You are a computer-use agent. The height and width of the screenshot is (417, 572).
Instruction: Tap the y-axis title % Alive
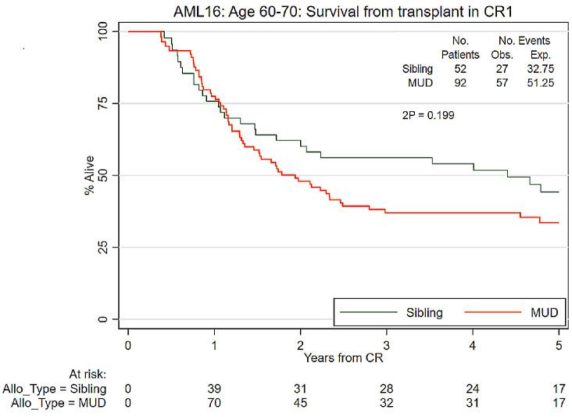point(90,175)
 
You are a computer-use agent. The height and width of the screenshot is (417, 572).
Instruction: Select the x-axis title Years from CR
point(343,358)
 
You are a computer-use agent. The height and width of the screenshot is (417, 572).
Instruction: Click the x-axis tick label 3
point(386,344)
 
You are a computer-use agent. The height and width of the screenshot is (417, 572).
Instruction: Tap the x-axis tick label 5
point(558,344)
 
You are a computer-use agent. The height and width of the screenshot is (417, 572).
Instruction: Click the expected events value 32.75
point(539,70)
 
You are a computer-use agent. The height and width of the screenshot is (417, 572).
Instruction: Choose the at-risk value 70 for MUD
point(214,403)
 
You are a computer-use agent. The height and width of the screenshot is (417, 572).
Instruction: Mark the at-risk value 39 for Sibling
point(214,389)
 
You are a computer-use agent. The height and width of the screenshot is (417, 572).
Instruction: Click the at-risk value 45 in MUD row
point(300,403)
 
